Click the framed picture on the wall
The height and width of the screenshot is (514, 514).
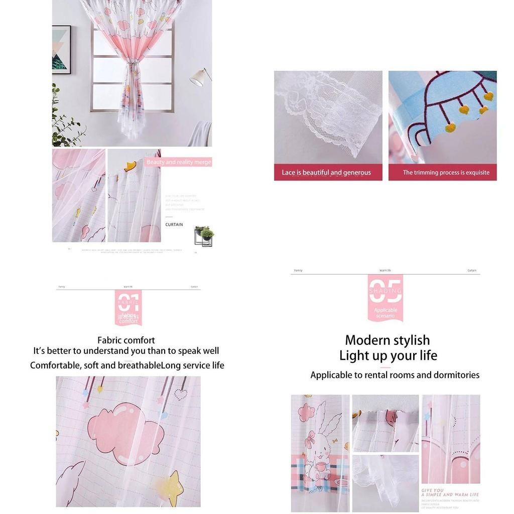[x=61, y=50]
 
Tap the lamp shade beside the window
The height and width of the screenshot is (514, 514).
[x=200, y=77]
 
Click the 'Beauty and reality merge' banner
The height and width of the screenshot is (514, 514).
[x=179, y=162]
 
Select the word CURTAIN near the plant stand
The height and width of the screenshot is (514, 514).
[x=174, y=224]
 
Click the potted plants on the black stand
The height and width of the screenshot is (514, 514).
[x=205, y=233]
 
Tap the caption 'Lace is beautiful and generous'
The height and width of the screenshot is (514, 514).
[x=326, y=173]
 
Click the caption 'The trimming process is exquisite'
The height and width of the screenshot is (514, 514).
[x=446, y=173]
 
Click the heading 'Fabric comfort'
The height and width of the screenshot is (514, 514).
[x=126, y=340]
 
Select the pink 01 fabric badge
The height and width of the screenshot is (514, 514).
[x=128, y=307]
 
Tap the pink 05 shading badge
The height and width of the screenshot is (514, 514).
[x=385, y=297]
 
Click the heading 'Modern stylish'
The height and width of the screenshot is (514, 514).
[x=388, y=340]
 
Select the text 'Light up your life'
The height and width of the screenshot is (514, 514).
[x=388, y=356]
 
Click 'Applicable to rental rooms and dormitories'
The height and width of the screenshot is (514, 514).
[x=395, y=375]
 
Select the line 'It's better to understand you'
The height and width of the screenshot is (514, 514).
[x=126, y=351]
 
